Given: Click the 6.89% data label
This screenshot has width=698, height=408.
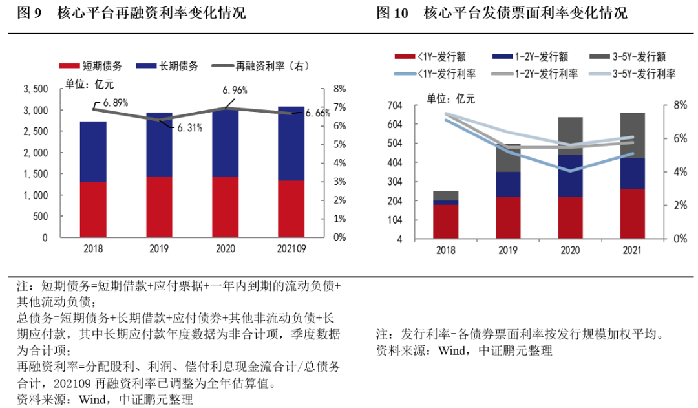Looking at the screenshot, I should point(114,102).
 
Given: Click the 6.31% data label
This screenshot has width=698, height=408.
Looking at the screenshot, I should point(189,128).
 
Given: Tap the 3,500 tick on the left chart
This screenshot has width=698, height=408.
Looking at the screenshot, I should point(36,89).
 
